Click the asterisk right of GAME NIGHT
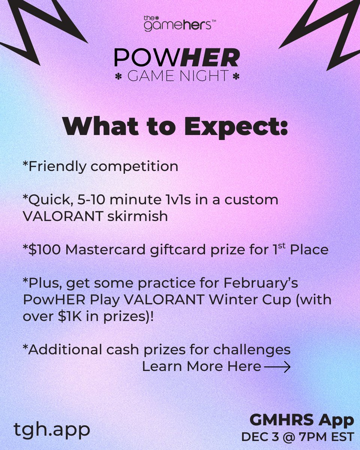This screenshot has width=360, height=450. (x=236, y=76)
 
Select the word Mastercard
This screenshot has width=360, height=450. (x=100, y=250)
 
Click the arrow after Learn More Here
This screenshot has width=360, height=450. (x=277, y=367)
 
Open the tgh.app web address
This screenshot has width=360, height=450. (x=52, y=429)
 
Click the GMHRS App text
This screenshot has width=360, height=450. (x=301, y=420)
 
